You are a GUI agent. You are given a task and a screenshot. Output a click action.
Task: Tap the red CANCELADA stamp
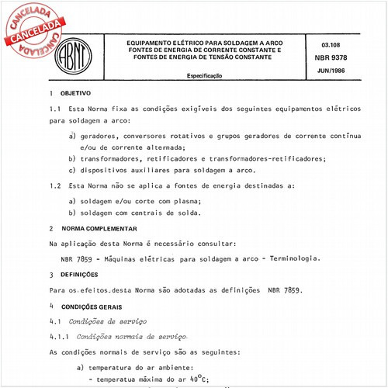32,28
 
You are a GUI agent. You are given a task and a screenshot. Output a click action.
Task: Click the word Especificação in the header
205,76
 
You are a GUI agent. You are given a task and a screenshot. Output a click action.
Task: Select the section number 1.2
55,185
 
